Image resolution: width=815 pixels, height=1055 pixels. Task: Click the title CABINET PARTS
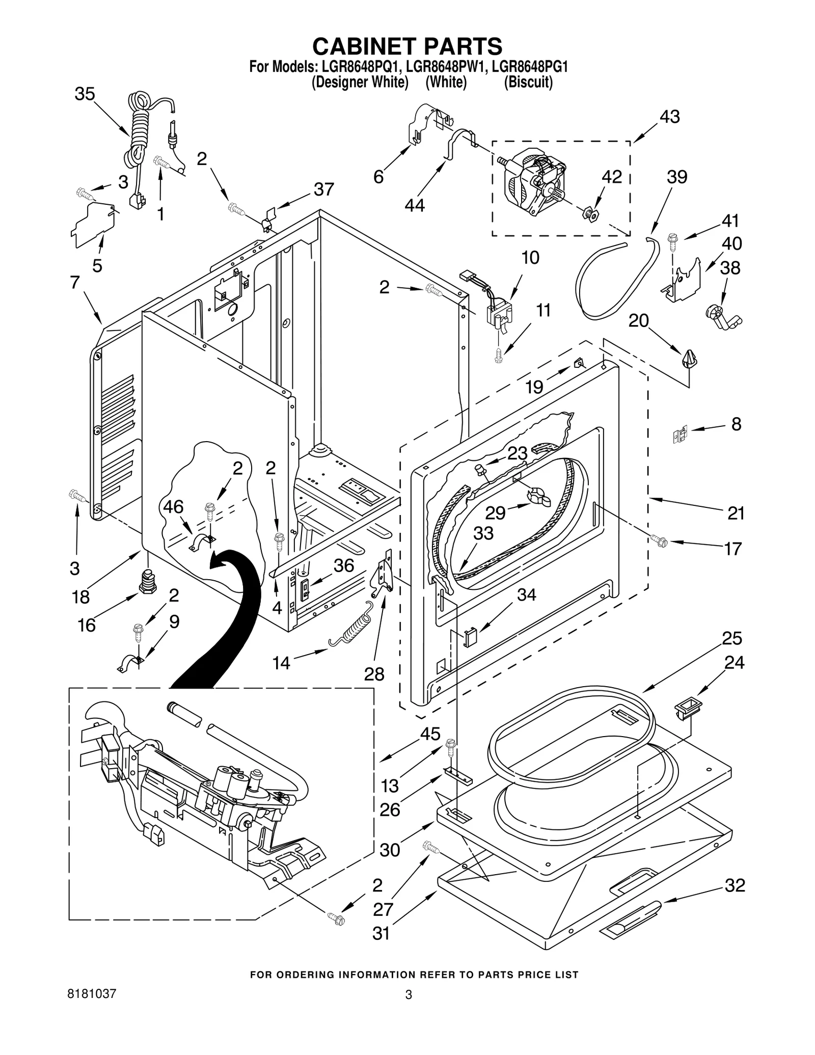[x=407, y=46]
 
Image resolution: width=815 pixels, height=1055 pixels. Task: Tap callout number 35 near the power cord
[x=85, y=94]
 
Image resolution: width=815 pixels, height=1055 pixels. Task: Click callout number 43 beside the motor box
[x=669, y=117]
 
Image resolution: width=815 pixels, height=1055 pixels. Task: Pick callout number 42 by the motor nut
[x=612, y=177]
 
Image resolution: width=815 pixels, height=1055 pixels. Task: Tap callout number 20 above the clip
[x=638, y=320]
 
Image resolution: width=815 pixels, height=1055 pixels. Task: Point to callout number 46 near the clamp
[x=173, y=507]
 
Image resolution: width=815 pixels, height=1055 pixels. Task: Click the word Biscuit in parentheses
[x=528, y=82]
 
